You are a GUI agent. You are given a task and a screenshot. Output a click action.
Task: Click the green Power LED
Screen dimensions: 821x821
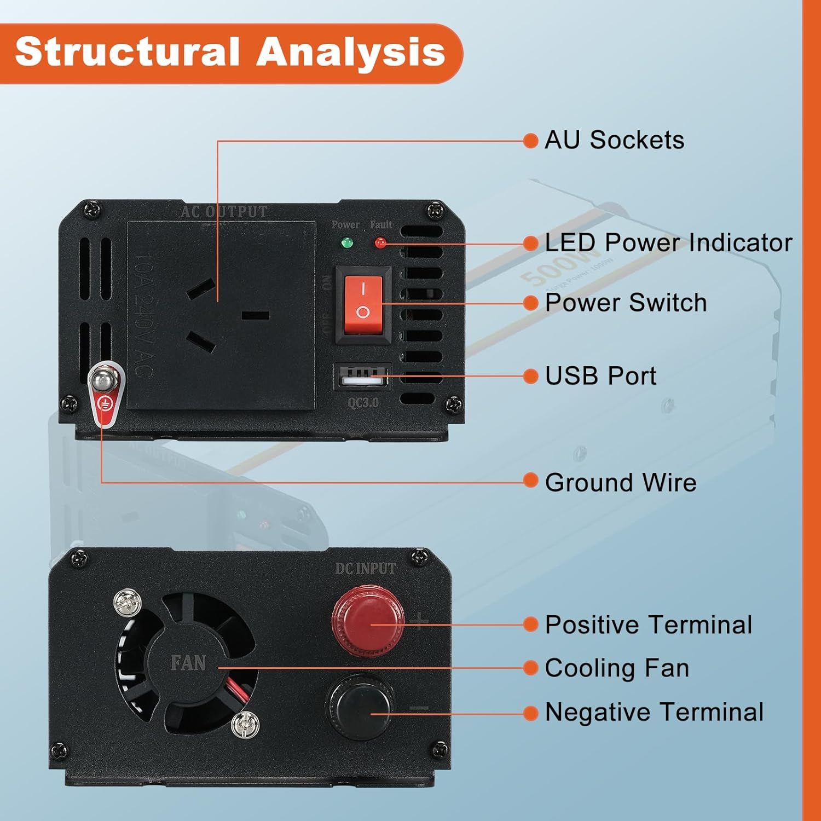coord(346,242)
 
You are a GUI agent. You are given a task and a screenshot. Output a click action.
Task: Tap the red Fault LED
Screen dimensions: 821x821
coord(380,242)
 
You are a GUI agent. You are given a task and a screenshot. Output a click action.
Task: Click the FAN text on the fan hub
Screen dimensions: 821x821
coord(188,663)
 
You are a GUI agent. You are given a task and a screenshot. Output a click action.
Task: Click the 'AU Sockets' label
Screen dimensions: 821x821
coord(614,140)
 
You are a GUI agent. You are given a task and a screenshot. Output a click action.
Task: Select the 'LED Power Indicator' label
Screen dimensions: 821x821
coord(668,242)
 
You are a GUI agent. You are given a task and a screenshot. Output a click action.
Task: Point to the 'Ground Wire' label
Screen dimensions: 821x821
coord(621,482)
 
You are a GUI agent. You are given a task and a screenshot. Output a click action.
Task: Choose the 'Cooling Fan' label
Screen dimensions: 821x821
coord(617,668)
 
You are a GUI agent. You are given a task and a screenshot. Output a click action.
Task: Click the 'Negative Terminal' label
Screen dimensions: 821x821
coord(654,712)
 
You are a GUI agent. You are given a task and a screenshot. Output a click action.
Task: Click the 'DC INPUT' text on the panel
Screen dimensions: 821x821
coord(366,569)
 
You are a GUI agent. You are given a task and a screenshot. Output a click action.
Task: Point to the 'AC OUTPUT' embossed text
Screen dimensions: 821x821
coord(224,212)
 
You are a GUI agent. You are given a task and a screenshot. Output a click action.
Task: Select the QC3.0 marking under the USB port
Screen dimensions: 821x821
coord(363,403)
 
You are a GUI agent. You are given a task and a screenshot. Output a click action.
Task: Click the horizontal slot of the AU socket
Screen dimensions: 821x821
coord(255,315)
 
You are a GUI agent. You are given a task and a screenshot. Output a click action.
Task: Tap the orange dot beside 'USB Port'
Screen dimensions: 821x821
coord(530,376)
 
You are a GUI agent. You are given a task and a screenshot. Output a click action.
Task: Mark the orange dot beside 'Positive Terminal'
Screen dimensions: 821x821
coord(530,625)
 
